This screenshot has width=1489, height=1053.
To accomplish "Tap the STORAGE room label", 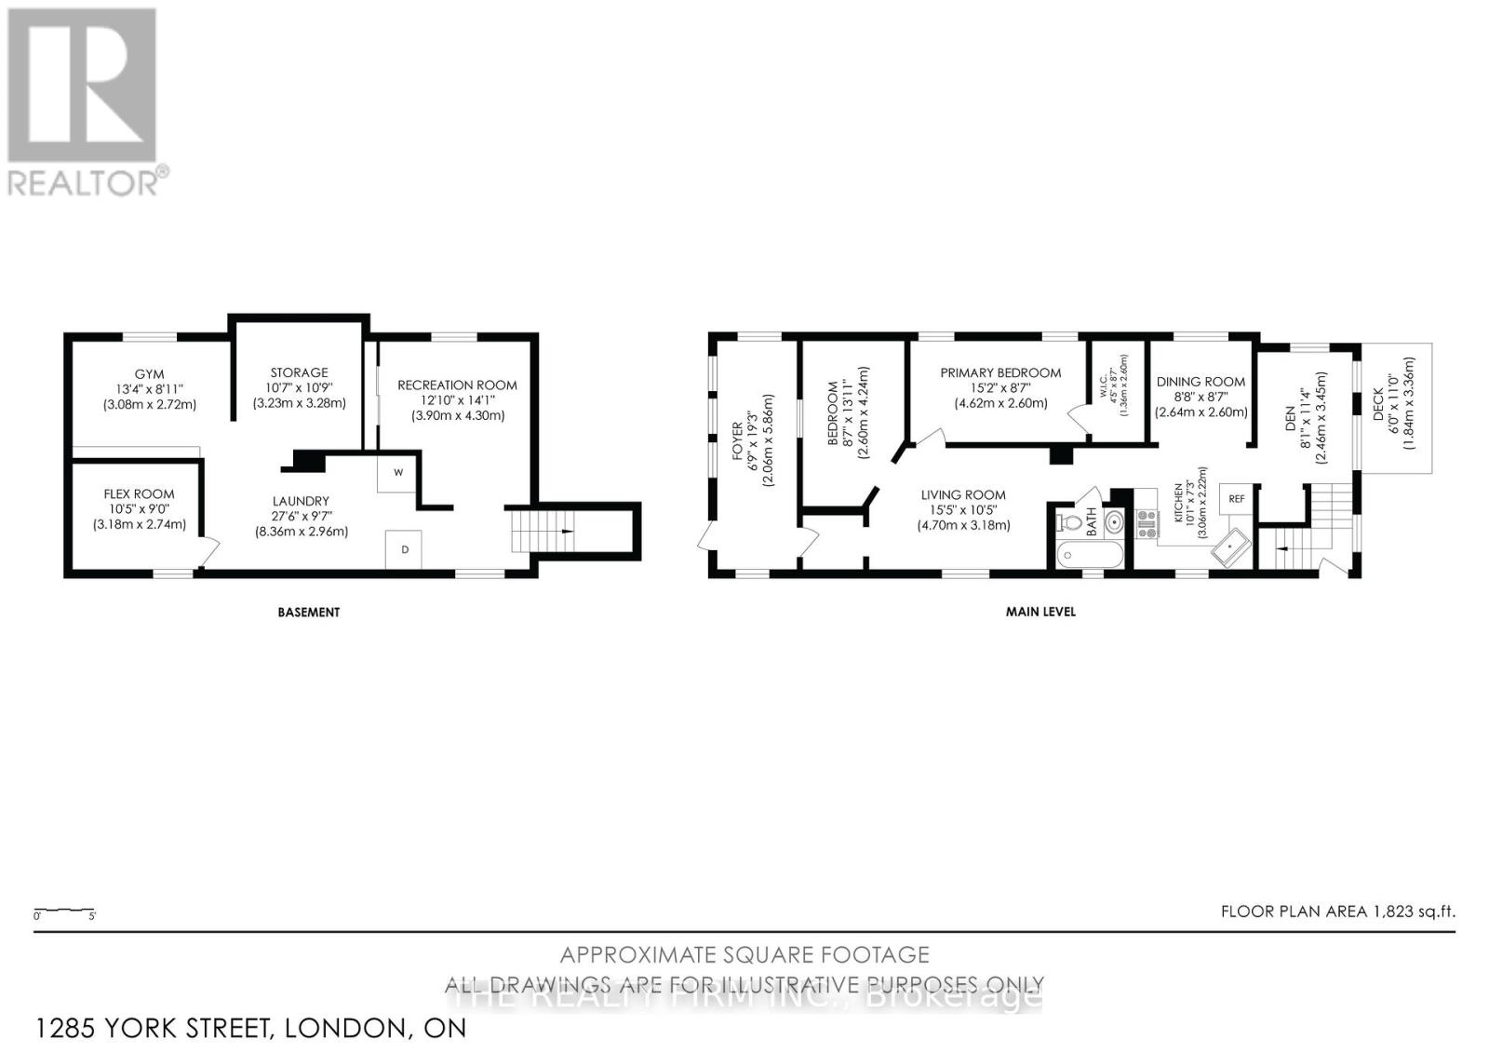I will click(x=299, y=372).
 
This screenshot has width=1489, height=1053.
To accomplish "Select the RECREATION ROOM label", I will click(x=457, y=385).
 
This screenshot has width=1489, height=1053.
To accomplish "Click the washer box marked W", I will click(x=397, y=472).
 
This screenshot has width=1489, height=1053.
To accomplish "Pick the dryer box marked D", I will click(x=404, y=549).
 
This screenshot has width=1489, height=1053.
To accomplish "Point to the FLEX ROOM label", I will click(x=139, y=494).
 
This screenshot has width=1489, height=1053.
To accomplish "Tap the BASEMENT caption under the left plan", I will click(x=308, y=613).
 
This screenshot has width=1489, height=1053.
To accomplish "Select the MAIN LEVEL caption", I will click(x=1040, y=613).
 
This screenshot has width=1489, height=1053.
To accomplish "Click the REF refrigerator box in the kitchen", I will click(x=1236, y=499).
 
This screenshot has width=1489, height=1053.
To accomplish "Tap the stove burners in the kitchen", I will click(x=1146, y=524).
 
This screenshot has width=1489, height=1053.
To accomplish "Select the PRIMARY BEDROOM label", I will click(x=1000, y=372).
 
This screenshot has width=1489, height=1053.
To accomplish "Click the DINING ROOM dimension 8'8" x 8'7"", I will click(x=1201, y=397).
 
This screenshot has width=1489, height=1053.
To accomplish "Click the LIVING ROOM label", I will click(x=963, y=495).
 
